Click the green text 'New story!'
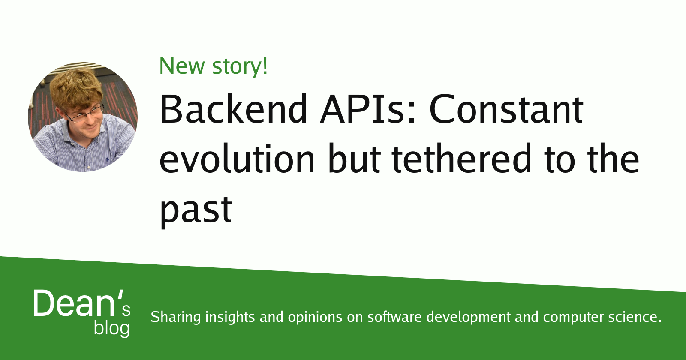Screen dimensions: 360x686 (213, 66)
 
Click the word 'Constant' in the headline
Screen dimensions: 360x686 (506, 109)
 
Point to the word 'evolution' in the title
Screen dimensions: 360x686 (237, 159)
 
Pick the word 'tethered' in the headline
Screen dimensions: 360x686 (462, 159)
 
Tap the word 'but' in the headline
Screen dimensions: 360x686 (354, 159)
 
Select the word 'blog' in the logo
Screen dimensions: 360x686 (112, 328)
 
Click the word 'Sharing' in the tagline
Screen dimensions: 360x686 (176, 317)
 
